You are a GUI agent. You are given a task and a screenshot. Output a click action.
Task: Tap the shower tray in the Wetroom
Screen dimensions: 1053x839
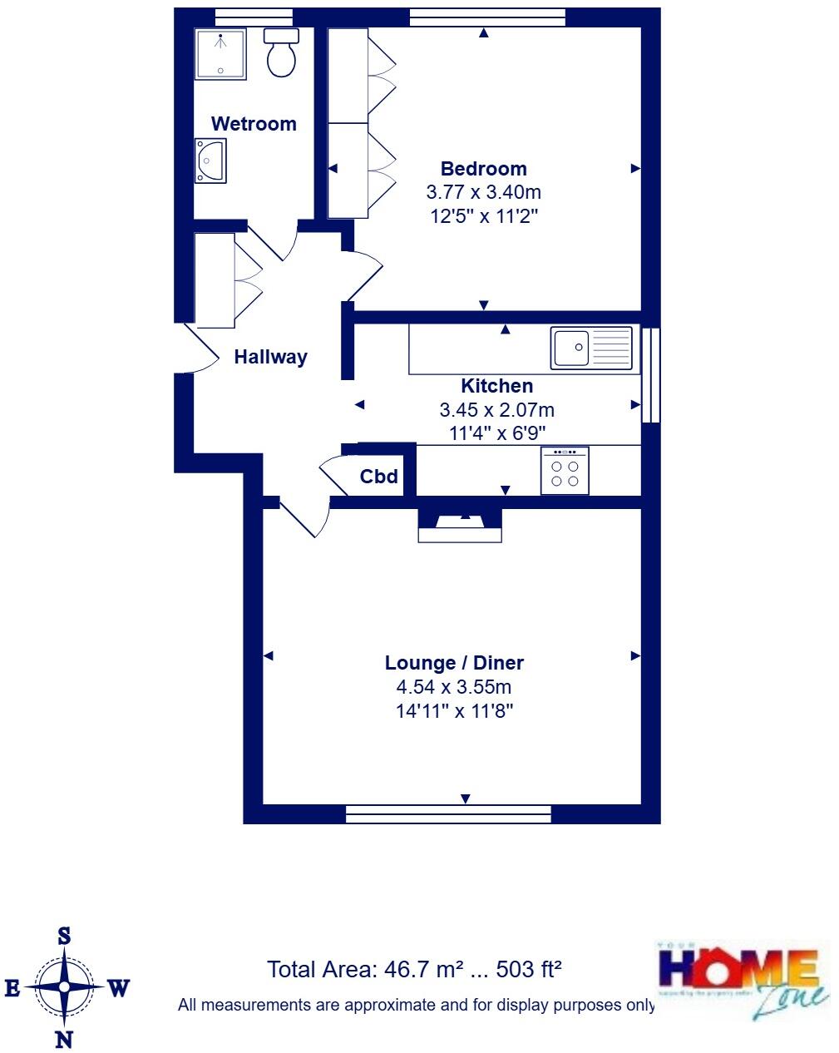(x=220, y=54)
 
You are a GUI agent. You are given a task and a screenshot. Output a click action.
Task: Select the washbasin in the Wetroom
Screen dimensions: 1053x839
(x=210, y=160)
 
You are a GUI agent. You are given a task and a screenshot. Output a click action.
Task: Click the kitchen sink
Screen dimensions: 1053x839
(x=590, y=348)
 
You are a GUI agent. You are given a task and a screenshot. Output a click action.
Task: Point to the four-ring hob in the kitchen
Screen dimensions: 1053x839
(x=565, y=471)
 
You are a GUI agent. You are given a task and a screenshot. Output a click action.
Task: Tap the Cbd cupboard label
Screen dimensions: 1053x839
(x=378, y=477)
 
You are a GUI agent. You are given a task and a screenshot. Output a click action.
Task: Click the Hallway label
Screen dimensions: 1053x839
(x=270, y=357)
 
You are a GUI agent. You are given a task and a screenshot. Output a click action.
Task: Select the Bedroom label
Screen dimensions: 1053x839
(x=483, y=168)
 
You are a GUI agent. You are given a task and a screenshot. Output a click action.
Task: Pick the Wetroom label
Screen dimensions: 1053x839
(x=254, y=124)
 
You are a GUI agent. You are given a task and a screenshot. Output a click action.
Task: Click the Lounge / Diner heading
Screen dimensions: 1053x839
(x=454, y=663)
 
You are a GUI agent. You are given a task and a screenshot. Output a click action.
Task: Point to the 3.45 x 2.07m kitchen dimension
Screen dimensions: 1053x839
(x=496, y=410)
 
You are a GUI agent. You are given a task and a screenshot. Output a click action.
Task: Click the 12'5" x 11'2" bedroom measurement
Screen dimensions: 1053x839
(x=483, y=216)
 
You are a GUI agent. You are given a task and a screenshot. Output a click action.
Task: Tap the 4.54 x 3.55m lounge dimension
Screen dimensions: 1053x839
(x=454, y=687)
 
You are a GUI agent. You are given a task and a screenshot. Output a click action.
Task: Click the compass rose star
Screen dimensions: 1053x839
(x=64, y=987)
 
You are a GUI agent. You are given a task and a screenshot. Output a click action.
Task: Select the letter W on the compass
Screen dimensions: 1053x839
(x=119, y=988)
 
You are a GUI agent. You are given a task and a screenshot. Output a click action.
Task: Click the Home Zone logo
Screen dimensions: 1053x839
(x=743, y=980)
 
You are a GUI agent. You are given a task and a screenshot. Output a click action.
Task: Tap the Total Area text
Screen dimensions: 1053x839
(x=414, y=969)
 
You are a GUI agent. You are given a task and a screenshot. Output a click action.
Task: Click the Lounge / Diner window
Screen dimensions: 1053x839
(x=448, y=813)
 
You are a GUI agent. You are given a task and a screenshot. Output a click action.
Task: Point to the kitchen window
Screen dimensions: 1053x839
(x=652, y=375)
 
